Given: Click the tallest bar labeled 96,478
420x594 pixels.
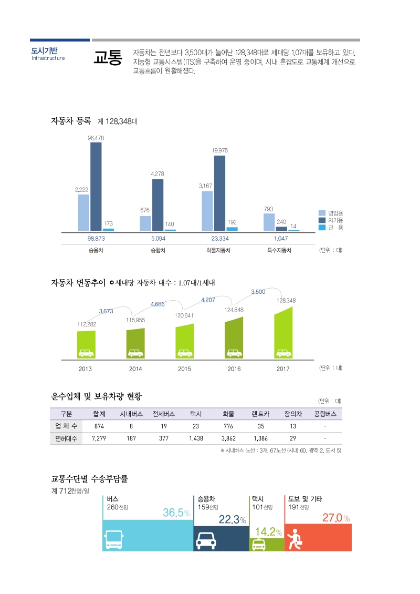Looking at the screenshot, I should pos(96,187).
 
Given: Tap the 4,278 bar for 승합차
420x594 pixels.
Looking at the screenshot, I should pos(157,205).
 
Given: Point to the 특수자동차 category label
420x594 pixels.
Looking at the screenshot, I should pos(279,250).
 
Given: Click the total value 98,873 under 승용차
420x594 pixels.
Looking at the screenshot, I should pos(96,238).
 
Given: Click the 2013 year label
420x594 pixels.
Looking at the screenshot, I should pos(85,368).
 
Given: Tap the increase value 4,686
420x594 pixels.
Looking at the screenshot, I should pos(157,304).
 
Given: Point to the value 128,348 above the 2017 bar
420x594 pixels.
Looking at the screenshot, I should pos(286,300).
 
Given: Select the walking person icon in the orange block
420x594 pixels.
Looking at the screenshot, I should pos(297,539).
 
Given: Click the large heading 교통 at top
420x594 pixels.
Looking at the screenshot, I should pos(108,58).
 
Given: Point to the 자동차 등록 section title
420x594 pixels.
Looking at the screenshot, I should pos(71,121).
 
